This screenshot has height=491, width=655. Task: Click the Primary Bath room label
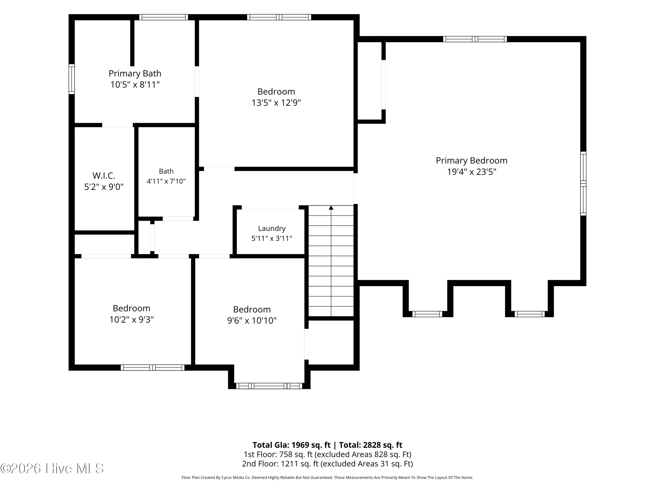pos(135,73)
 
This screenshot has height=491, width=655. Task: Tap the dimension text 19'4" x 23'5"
pos(471,172)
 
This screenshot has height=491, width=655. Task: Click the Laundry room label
pos(272,228)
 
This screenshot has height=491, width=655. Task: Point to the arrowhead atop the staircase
pos(331,208)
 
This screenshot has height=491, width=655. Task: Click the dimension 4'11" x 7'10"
pos(166,181)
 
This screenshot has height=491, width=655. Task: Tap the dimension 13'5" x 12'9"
pos(276,103)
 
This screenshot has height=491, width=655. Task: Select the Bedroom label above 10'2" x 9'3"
pos(131,308)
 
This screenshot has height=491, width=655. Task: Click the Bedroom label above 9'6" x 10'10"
pos(252,310)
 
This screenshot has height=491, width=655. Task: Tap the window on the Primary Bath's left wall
pos(72,79)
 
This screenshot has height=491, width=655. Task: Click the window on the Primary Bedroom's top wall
pos(475,39)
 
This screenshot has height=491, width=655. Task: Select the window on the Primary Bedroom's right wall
pos(583,184)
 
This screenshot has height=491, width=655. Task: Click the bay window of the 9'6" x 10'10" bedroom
pos(269,386)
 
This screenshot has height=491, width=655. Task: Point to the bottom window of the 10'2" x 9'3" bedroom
pos(152,367)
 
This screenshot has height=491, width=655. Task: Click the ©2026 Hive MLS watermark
pos(52,469)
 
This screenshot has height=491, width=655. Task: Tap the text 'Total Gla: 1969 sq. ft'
pos(291,445)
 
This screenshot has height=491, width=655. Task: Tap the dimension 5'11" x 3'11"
pos(272,239)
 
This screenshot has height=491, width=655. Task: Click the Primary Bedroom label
pos(471,160)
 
